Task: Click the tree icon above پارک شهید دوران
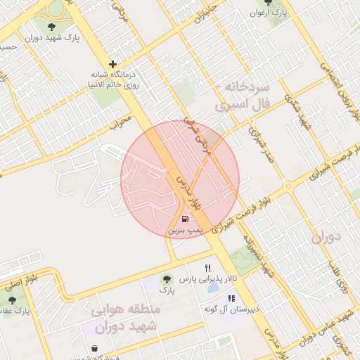(51, 27)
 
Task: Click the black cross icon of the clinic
(112, 64)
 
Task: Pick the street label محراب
(121, 121)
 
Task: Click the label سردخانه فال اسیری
(243, 98)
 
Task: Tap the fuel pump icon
(184, 219)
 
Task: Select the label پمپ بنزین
(185, 230)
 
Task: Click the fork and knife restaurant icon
(207, 268)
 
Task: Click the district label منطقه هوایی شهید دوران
(125, 318)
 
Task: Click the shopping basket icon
(94, 348)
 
